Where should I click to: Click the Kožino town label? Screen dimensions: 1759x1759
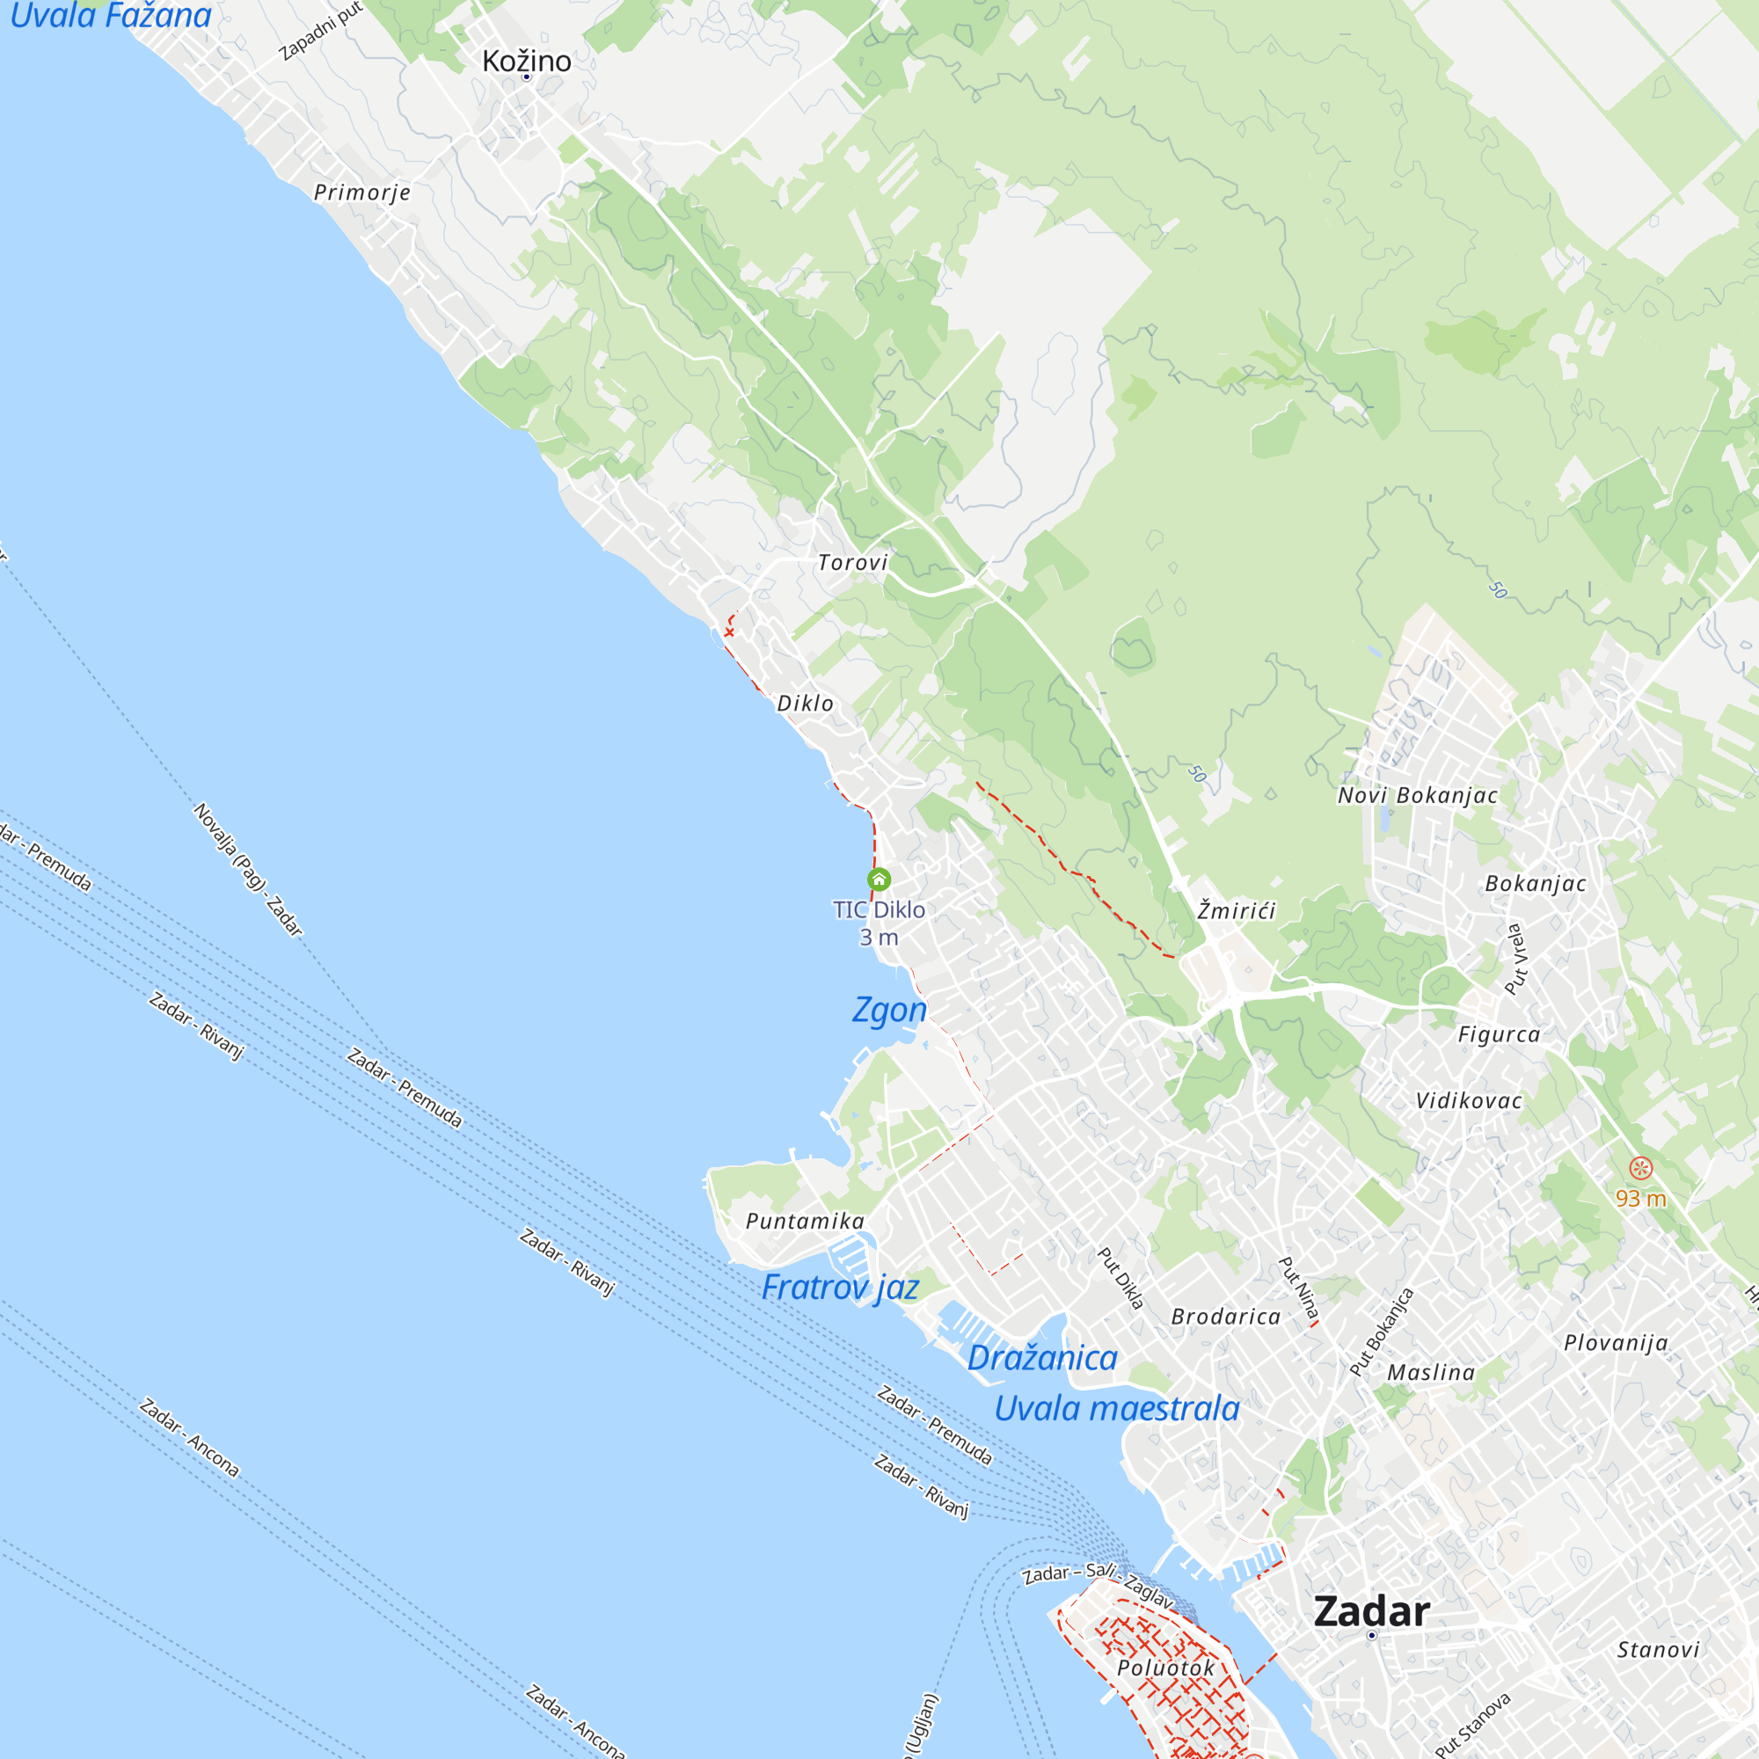click(x=526, y=61)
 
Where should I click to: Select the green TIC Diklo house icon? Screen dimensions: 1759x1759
click(x=879, y=879)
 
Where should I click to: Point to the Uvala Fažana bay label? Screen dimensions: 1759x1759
click(x=110, y=16)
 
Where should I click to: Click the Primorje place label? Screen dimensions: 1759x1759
click(x=362, y=192)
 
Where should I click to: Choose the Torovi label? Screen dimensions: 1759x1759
click(x=852, y=563)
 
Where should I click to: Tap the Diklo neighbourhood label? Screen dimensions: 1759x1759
click(x=805, y=703)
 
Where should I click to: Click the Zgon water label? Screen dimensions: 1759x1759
click(x=889, y=1010)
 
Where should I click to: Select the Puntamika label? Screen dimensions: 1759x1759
click(x=805, y=1221)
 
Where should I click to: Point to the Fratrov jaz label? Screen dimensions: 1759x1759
click(x=840, y=1288)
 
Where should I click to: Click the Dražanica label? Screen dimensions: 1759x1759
click(x=1041, y=1357)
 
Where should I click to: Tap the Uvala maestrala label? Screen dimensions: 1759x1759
click(x=1116, y=1408)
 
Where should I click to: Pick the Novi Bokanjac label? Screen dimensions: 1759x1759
click(x=1418, y=795)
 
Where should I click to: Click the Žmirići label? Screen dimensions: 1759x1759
click(x=1237, y=910)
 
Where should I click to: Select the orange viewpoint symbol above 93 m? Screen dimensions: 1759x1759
click(x=1640, y=1168)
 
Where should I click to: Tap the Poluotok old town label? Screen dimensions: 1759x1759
click(x=1166, y=1668)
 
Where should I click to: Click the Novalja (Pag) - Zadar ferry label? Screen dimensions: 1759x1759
click(x=248, y=870)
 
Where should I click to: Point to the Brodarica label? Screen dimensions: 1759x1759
click(x=1225, y=1317)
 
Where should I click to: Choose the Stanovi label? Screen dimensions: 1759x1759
click(x=1658, y=1650)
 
